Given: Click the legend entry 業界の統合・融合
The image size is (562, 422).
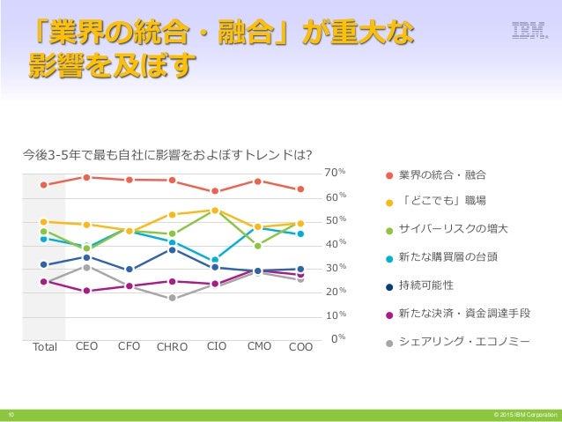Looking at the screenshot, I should tap(441, 174).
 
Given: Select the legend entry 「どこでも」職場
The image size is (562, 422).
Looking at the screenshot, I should tap(441, 201).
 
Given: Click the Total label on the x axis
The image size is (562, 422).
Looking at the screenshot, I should tap(44, 347).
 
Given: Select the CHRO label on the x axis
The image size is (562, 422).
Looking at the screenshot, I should tap(172, 347).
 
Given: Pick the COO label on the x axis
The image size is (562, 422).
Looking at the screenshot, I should tap(301, 347).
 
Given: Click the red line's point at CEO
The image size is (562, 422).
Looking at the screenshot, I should tap(86, 177).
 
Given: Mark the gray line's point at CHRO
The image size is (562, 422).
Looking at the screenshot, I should tap(173, 298).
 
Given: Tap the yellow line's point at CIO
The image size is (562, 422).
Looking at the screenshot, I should tap(215, 211).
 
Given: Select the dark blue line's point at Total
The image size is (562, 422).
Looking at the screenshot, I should tap(43, 264).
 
